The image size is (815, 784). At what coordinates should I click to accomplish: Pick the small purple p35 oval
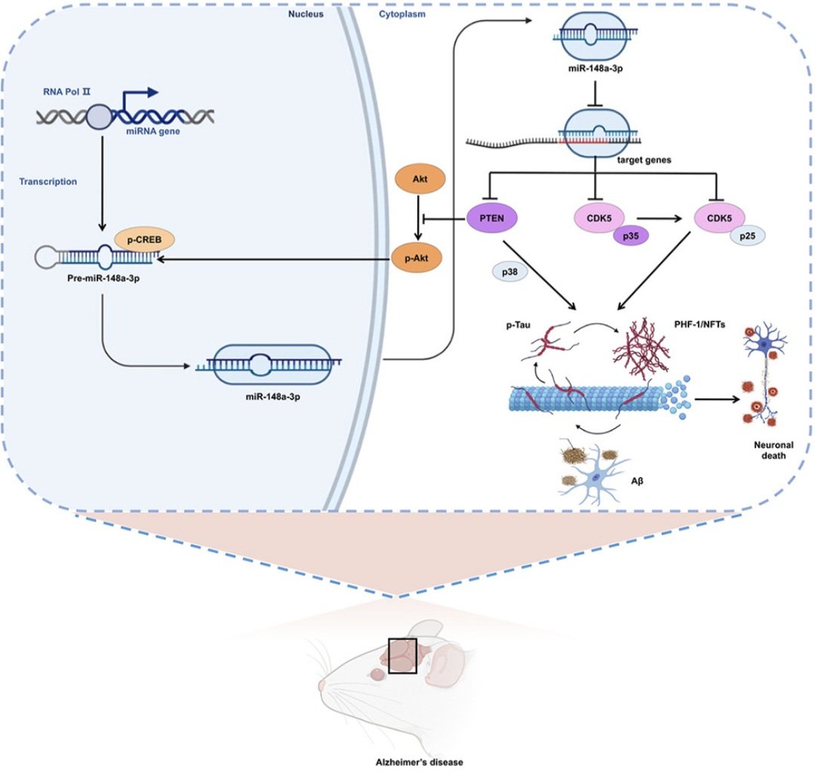coord(629,236)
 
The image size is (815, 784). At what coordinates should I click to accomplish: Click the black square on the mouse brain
coord(402,655)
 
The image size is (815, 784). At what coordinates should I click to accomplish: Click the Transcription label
coord(48,181)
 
